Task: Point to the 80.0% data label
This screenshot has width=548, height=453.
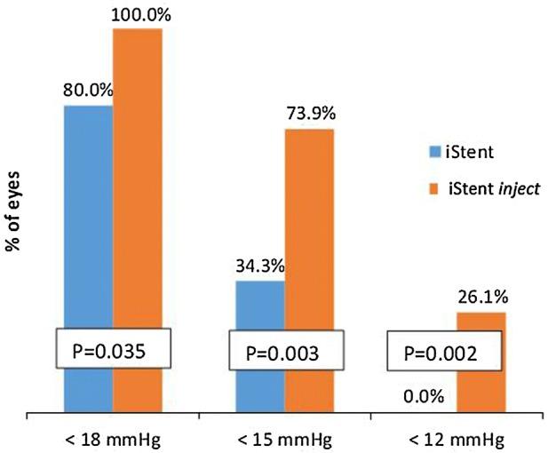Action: [87, 90]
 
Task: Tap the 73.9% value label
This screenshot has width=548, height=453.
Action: [310, 113]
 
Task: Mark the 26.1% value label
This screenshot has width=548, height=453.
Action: [481, 297]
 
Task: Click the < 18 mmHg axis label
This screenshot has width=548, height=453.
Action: [113, 438]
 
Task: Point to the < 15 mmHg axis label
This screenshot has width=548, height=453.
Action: [284, 438]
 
